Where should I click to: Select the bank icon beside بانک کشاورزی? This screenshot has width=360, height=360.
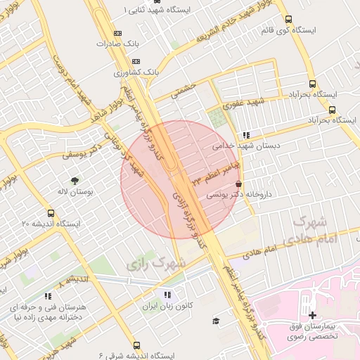click(x=136, y=61)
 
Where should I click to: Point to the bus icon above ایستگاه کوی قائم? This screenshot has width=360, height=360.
click(x=288, y=20)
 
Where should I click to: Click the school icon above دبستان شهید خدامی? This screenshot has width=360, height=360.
click(x=245, y=135)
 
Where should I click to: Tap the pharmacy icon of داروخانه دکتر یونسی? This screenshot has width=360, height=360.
click(x=240, y=183)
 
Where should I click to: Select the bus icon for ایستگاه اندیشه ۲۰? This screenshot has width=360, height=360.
click(x=51, y=213)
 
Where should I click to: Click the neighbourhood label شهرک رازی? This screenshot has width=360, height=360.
click(x=157, y=264)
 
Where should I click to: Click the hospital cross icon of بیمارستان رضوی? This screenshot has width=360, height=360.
click(x=313, y=315)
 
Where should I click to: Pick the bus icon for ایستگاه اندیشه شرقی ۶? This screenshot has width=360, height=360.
click(x=136, y=345)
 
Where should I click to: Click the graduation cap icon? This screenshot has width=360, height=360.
click(x=216, y=321)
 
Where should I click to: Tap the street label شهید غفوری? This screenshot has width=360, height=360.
click(x=243, y=103)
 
